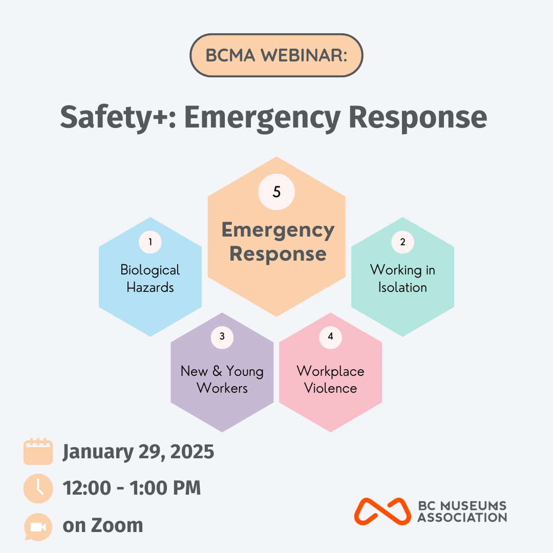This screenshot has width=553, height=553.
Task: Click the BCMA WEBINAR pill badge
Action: tap(276, 55)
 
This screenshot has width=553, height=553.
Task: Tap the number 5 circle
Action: tap(276, 192)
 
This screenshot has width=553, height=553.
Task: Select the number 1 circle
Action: tap(150, 242)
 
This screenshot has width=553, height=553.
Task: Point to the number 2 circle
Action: tap(403, 242)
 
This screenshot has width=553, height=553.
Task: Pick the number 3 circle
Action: tap(222, 337)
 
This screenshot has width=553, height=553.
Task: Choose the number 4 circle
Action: tap(330, 337)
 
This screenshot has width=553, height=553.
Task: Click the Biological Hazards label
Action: tap(150, 279)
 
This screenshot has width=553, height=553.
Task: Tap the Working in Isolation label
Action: tap(403, 279)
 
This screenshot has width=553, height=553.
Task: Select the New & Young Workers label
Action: tap(222, 379)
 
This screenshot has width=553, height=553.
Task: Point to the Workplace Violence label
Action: tap(330, 379)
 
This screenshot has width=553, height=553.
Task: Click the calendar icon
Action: tap(38, 452)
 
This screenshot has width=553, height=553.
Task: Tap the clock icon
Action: tap(38, 488)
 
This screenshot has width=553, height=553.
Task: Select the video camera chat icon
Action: tap(38, 526)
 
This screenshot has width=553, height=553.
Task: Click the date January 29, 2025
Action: tap(138, 452)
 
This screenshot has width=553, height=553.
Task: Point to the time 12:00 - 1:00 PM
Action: tap(132, 488)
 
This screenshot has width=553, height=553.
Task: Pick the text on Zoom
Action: tap(102, 526)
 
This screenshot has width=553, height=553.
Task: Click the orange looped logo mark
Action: tap(382, 512)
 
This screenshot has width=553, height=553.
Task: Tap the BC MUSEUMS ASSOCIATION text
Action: tap(462, 512)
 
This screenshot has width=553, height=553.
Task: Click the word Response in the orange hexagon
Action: tap(278, 254)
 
